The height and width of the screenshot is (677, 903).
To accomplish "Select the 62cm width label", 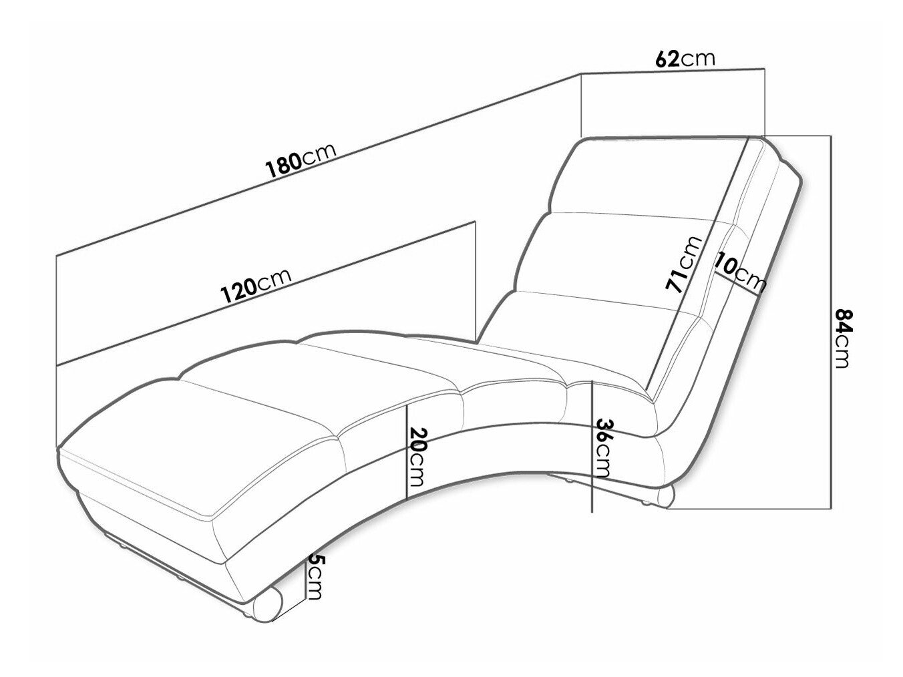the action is click(685, 59).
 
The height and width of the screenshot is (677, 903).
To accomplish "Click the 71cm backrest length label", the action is click(683, 264).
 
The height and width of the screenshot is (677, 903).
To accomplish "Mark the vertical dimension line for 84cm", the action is click(832, 322).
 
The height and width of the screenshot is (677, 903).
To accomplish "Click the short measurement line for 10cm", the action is click(736, 284).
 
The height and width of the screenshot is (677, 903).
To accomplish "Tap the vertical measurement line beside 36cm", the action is click(591, 447).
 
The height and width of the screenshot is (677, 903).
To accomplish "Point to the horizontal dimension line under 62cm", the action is click(672, 71).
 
